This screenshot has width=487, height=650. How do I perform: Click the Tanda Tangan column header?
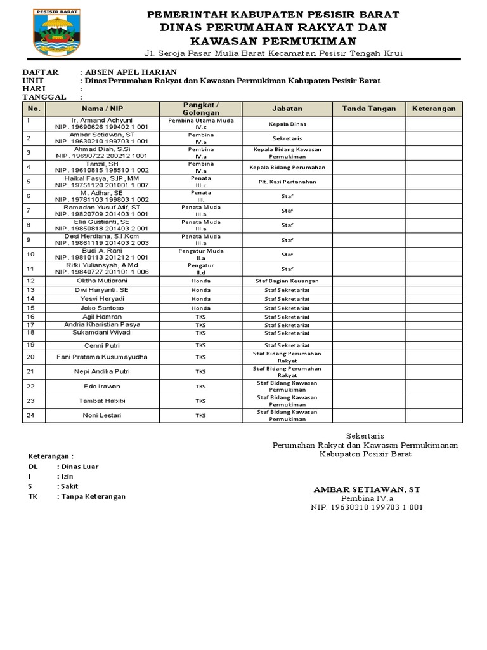(369, 109)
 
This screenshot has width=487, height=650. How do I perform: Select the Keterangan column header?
(434, 109)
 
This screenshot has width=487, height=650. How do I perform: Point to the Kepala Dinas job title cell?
(287, 124)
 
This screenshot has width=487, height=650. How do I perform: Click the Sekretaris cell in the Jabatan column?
(287, 138)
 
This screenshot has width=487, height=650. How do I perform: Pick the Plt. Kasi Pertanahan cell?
(287, 182)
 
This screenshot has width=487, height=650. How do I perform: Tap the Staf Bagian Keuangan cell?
(287, 281)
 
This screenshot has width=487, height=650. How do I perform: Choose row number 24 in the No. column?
(30, 415)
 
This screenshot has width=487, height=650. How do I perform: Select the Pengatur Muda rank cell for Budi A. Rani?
(201, 251)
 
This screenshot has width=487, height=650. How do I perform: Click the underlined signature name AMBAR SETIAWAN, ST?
(367, 489)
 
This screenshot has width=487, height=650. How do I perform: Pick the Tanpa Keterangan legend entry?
(91, 496)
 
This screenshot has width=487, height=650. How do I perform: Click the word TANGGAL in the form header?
(44, 97)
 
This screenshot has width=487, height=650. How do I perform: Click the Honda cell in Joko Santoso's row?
(201, 308)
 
